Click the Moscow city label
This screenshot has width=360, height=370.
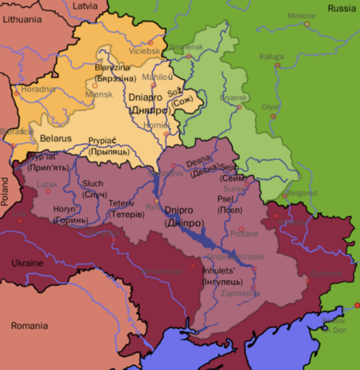(x=302, y=16)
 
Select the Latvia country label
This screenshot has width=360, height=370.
(x=85, y=6)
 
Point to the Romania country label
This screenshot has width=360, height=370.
(x=28, y=326)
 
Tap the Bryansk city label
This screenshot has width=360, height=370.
(x=234, y=97)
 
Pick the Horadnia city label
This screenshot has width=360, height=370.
(x=37, y=89)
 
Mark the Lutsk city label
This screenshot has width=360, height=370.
(x=47, y=184)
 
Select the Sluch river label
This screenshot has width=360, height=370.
(x=93, y=184)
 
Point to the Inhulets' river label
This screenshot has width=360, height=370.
(x=220, y=271)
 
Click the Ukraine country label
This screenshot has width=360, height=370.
(x=27, y=263)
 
